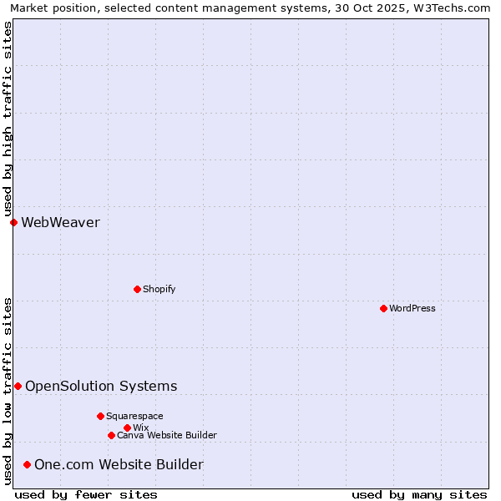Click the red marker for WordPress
[383, 308]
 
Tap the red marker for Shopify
[137, 289]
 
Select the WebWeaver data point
[13, 222]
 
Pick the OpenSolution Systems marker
[18, 386]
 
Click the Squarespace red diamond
[100, 416]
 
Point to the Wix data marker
[127, 428]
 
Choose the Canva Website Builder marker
[111, 435]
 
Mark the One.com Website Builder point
[27, 464]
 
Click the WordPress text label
[412, 308]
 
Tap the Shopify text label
[159, 289]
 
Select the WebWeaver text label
[60, 222]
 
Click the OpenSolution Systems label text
[101, 386]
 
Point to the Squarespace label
[134, 416]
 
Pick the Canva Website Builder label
[167, 435]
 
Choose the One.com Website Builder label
[119, 464]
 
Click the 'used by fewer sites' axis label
[86, 494]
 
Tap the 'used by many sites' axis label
[419, 494]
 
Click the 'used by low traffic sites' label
[8, 391]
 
